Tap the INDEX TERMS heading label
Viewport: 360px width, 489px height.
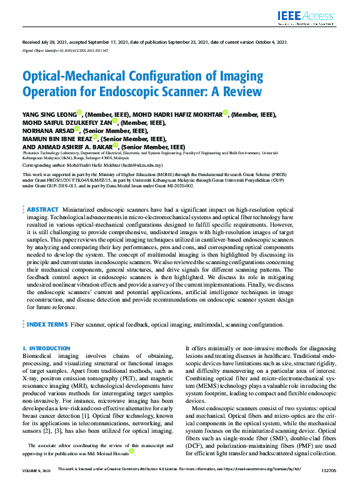[47, 325]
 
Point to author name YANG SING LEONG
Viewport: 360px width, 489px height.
[49, 115]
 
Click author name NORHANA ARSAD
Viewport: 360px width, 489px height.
[44, 131]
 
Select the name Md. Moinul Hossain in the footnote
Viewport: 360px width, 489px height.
[105, 453]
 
